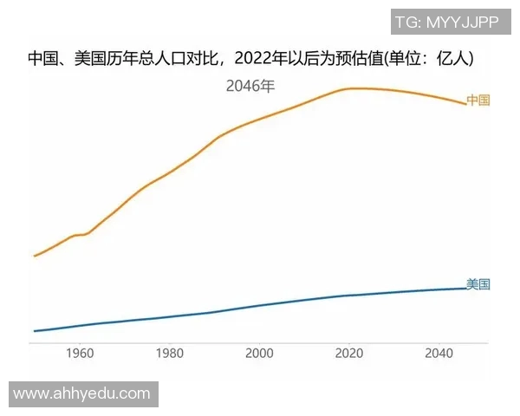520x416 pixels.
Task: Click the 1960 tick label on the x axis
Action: (x=80, y=354)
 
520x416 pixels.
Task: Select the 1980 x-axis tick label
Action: (x=170, y=354)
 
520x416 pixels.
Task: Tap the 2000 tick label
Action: (x=259, y=354)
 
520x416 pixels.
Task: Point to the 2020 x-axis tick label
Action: (x=349, y=354)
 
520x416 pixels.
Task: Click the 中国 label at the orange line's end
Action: (x=478, y=101)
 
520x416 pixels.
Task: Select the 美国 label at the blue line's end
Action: (x=478, y=284)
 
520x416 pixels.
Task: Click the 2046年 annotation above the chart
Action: (x=250, y=86)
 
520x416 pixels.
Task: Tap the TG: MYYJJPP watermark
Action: (x=446, y=22)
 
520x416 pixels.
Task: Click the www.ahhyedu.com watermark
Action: (x=82, y=393)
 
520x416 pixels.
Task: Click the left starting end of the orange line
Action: (x=34, y=256)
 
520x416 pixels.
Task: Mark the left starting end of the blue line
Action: (x=34, y=331)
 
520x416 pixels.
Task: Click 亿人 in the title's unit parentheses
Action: (x=458, y=59)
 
